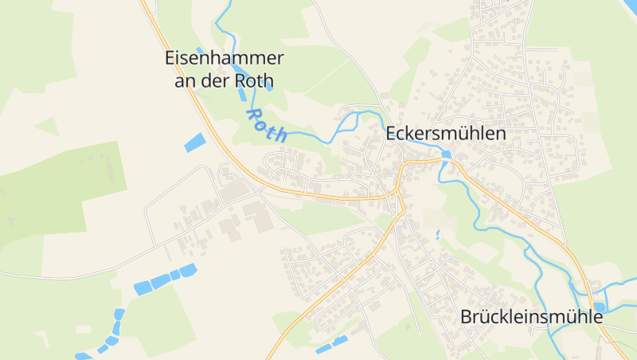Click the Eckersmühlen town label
point(445,134)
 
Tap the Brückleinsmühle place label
point(531,316)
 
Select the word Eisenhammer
point(224,58)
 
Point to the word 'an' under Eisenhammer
point(185,80)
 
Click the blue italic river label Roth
point(267,124)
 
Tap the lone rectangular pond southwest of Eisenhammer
point(194,143)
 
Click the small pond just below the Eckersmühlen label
point(447,155)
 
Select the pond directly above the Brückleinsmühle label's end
point(599,307)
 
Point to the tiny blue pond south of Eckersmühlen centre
point(437,235)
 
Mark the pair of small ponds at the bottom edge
point(331,346)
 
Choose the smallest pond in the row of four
point(174,276)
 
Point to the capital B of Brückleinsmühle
point(466,316)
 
